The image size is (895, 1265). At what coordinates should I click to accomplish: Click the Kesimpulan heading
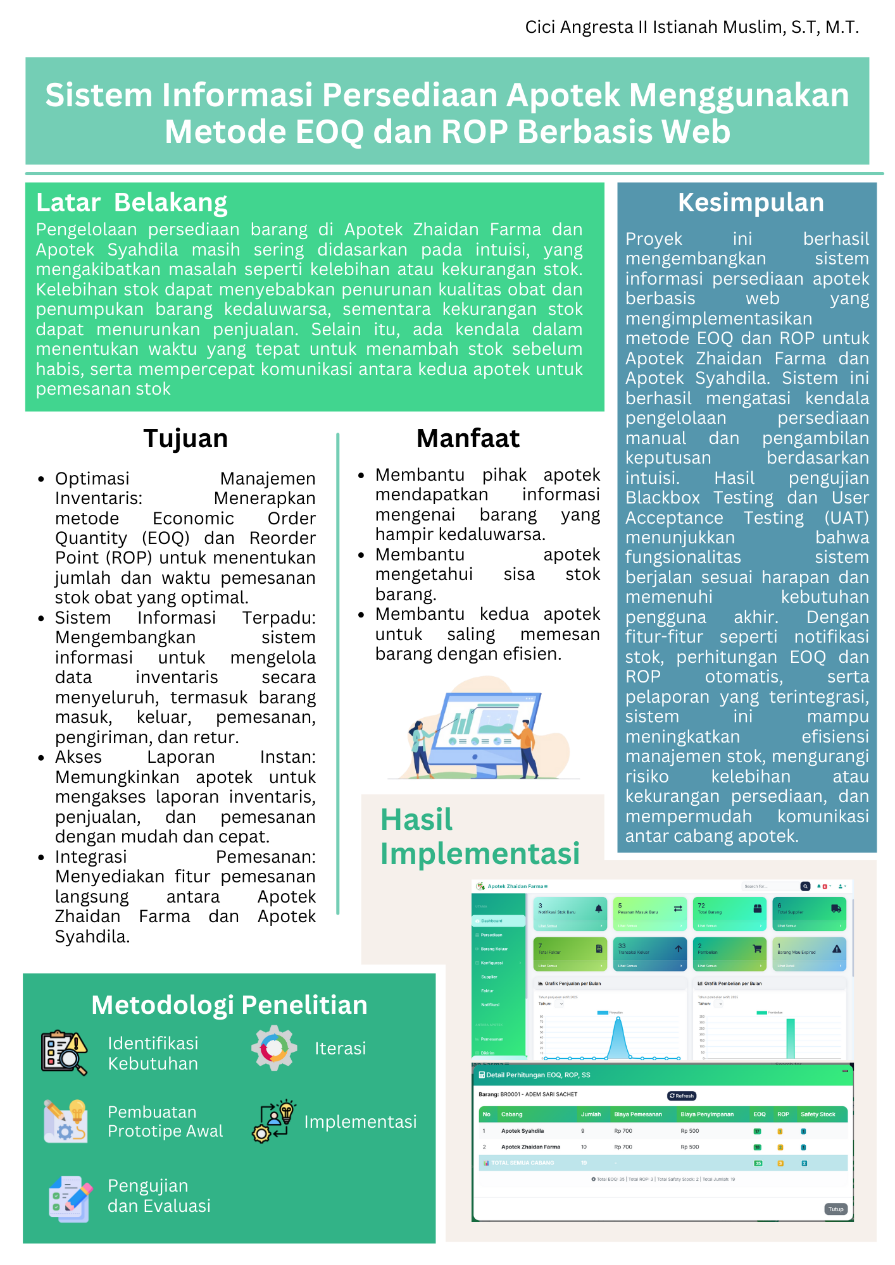pyautogui.click(x=751, y=203)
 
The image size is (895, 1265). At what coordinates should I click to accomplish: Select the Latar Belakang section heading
pyautogui.click(x=132, y=203)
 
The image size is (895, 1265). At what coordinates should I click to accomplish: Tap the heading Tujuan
pyautogui.click(x=185, y=438)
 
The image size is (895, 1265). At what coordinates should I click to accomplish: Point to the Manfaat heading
pyautogui.click(x=468, y=438)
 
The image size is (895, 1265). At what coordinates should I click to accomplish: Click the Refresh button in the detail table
pyautogui.click(x=682, y=1096)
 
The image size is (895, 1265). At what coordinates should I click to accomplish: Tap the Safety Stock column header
pyautogui.click(x=817, y=1114)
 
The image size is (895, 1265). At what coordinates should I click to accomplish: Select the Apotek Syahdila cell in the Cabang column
pyautogui.click(x=522, y=1131)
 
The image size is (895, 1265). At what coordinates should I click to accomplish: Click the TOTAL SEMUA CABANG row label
pyautogui.click(x=522, y=1163)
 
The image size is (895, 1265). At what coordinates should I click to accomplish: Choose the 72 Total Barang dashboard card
pyautogui.click(x=730, y=913)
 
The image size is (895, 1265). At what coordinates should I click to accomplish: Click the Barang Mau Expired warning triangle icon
pyautogui.click(x=836, y=949)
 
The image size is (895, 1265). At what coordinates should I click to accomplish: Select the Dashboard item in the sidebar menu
pyautogui.click(x=492, y=921)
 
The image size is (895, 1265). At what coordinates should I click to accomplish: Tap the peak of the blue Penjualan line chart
pyautogui.click(x=618, y=1019)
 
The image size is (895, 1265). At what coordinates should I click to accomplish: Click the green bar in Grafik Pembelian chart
pyautogui.click(x=791, y=1038)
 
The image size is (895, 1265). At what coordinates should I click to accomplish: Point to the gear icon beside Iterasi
pyautogui.click(x=274, y=1048)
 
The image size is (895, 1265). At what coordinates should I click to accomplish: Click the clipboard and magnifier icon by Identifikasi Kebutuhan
pyautogui.click(x=64, y=1052)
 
